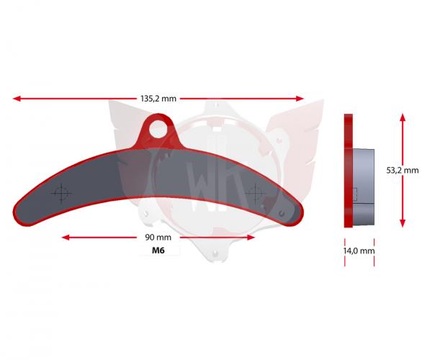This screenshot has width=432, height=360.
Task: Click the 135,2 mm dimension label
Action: (158, 99)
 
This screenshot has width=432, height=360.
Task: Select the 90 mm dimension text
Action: (158, 238)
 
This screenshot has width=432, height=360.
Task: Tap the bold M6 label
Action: (158, 251)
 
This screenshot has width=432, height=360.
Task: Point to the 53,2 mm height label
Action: (402, 170)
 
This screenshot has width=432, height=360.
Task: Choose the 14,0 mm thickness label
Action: (359, 251)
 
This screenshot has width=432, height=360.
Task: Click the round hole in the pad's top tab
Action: (158, 129)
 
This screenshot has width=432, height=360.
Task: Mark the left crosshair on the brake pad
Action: (61, 194)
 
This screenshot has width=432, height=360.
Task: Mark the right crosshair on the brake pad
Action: (256, 193)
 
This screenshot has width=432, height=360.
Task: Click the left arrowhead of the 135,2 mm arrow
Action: (17, 99)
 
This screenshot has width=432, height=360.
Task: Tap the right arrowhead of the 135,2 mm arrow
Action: (300, 99)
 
